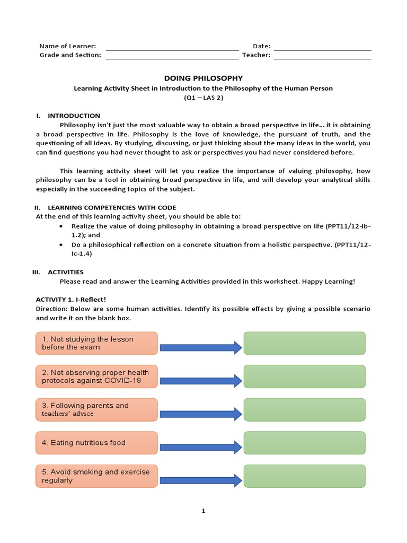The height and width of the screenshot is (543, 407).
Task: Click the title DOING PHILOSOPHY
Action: (x=203, y=78)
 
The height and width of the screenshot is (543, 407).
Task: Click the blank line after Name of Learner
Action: (x=172, y=48)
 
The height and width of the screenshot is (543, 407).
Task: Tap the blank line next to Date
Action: (x=322, y=48)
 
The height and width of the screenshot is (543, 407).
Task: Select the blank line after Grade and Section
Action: (x=172, y=57)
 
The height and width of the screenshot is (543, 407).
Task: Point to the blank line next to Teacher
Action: (x=322, y=57)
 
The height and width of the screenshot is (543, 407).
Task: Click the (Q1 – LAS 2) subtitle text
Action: (x=203, y=98)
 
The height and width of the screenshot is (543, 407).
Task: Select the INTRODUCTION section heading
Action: (x=74, y=116)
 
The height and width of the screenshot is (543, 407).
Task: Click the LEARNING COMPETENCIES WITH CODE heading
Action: (x=112, y=207)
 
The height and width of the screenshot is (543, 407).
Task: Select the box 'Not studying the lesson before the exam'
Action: (x=96, y=343)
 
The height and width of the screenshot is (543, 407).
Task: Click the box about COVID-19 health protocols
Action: (x=96, y=376)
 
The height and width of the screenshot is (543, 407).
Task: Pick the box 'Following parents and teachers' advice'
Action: (x=96, y=409)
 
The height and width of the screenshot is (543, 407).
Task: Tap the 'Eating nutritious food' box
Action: (x=96, y=443)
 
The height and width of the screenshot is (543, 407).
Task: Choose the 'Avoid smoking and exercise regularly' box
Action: (x=96, y=476)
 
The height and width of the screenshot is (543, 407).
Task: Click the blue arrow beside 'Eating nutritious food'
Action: (x=200, y=447)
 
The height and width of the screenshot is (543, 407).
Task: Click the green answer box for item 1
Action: (x=304, y=343)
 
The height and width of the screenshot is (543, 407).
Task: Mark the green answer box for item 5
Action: (x=304, y=476)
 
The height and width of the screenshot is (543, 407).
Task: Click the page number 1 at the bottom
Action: (x=203, y=511)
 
